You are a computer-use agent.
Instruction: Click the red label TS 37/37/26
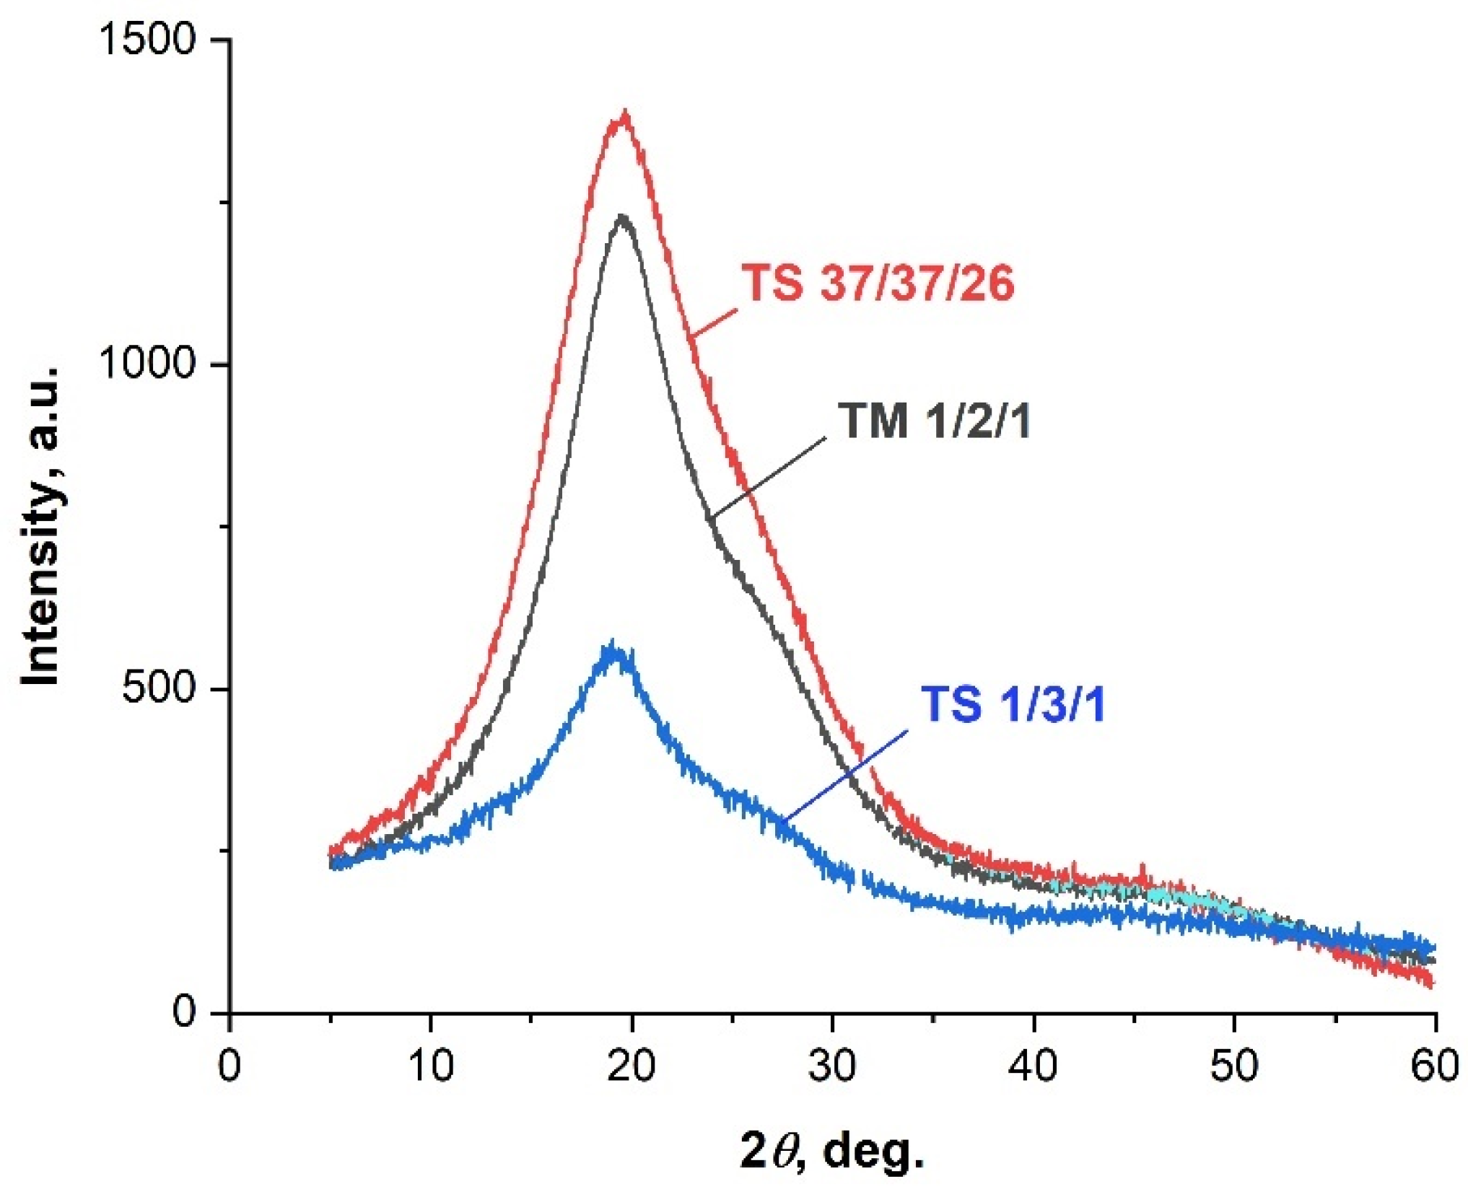(878, 283)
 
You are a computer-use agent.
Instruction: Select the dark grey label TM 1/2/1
(935, 421)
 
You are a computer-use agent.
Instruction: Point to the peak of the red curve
(624, 115)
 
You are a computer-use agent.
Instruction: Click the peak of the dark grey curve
(622, 219)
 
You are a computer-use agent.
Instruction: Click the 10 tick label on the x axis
(431, 1065)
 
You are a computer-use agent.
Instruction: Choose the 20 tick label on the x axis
(632, 1065)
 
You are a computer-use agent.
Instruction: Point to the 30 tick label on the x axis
(832, 1065)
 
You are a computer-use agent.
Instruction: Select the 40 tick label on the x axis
(1034, 1065)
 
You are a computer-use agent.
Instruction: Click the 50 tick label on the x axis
(1234, 1065)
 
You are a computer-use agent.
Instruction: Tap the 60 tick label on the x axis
(1433, 1065)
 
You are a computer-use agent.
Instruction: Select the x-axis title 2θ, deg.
(831, 1151)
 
